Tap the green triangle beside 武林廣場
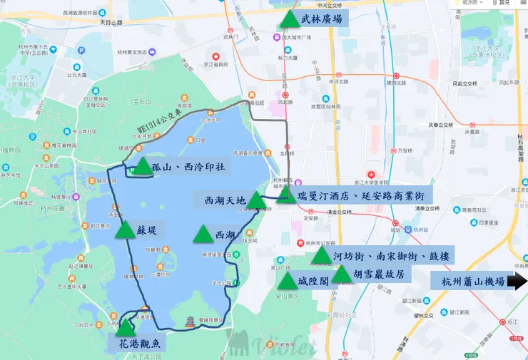(x=288, y=19)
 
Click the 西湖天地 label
(x=224, y=200)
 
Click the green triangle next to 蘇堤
(x=125, y=230)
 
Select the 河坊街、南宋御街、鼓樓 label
(x=390, y=257)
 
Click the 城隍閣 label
(x=313, y=280)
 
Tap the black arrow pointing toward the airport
(x=517, y=282)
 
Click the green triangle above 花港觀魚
(x=126, y=328)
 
